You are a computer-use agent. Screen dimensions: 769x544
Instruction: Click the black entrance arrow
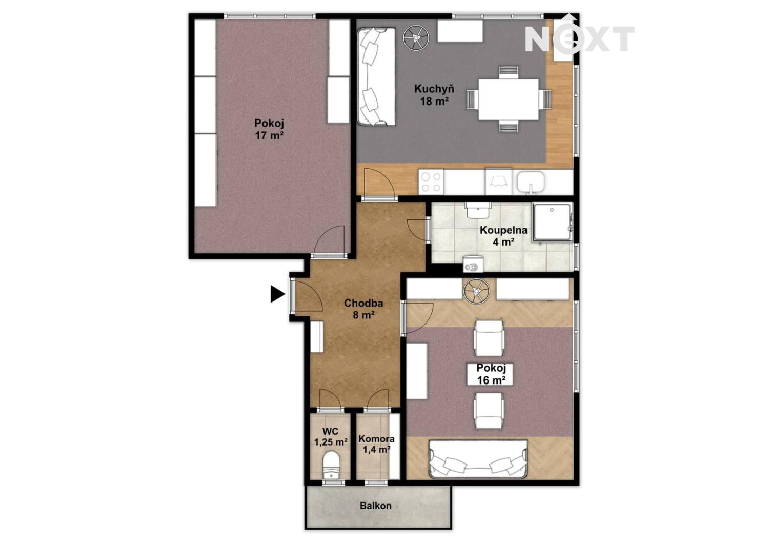[x=277, y=294]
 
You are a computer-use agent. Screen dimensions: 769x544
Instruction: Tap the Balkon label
[x=376, y=506]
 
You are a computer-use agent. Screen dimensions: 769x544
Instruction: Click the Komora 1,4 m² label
[x=377, y=444]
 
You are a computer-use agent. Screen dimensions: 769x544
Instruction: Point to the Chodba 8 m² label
[x=363, y=309]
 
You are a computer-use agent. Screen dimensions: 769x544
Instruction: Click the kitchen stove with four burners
[x=431, y=182]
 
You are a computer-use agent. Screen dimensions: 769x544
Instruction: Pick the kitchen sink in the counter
[x=531, y=182]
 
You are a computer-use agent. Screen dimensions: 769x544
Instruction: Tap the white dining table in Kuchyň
[x=509, y=99]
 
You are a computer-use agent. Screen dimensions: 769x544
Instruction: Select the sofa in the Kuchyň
[x=377, y=76]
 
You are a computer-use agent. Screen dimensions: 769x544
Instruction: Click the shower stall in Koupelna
[x=553, y=222]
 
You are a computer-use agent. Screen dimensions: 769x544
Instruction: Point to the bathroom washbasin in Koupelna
[x=477, y=210]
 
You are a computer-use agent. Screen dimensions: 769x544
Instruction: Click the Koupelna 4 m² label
[x=503, y=235]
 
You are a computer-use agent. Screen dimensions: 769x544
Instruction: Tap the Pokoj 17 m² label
[x=269, y=129]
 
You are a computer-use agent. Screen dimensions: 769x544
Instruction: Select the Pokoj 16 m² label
[x=491, y=374]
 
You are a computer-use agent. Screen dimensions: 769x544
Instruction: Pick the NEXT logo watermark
[x=579, y=38]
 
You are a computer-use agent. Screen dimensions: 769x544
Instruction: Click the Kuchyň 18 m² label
[x=434, y=94]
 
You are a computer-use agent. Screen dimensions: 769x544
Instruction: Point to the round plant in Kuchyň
[x=416, y=37]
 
